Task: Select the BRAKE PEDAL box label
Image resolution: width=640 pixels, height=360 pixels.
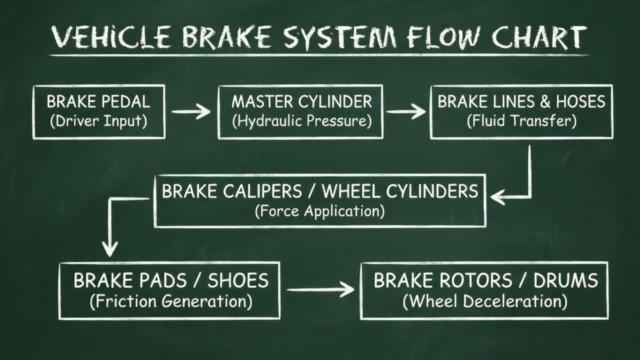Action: pyautogui.click(x=98, y=102)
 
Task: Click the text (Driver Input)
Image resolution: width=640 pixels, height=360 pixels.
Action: pyautogui.click(x=98, y=121)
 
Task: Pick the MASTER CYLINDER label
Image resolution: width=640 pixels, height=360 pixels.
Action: pyautogui.click(x=301, y=102)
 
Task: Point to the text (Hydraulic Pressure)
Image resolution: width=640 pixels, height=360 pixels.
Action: pyautogui.click(x=301, y=121)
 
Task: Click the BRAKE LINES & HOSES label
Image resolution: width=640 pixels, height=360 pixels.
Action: pyautogui.click(x=521, y=102)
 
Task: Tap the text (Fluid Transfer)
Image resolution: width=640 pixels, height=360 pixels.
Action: pyautogui.click(x=521, y=121)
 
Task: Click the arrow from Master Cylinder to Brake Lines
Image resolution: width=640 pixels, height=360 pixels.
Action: pyautogui.click(x=406, y=111)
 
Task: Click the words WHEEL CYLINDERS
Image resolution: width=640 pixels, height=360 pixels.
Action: pyautogui.click(x=399, y=191)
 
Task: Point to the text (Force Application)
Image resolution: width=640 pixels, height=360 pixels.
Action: pyautogui.click(x=319, y=211)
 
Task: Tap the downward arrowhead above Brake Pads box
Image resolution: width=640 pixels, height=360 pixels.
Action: pyautogui.click(x=109, y=248)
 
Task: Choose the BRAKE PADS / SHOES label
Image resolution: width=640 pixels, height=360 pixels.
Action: pyautogui.click(x=170, y=281)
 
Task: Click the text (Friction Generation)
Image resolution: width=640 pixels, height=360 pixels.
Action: pyautogui.click(x=170, y=301)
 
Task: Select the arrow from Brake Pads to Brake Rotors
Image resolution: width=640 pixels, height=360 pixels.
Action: pyautogui.click(x=320, y=289)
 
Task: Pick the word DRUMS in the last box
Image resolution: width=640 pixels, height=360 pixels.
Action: pyautogui.click(x=565, y=281)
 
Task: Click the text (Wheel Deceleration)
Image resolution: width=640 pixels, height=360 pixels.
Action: pyautogui.click(x=484, y=301)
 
